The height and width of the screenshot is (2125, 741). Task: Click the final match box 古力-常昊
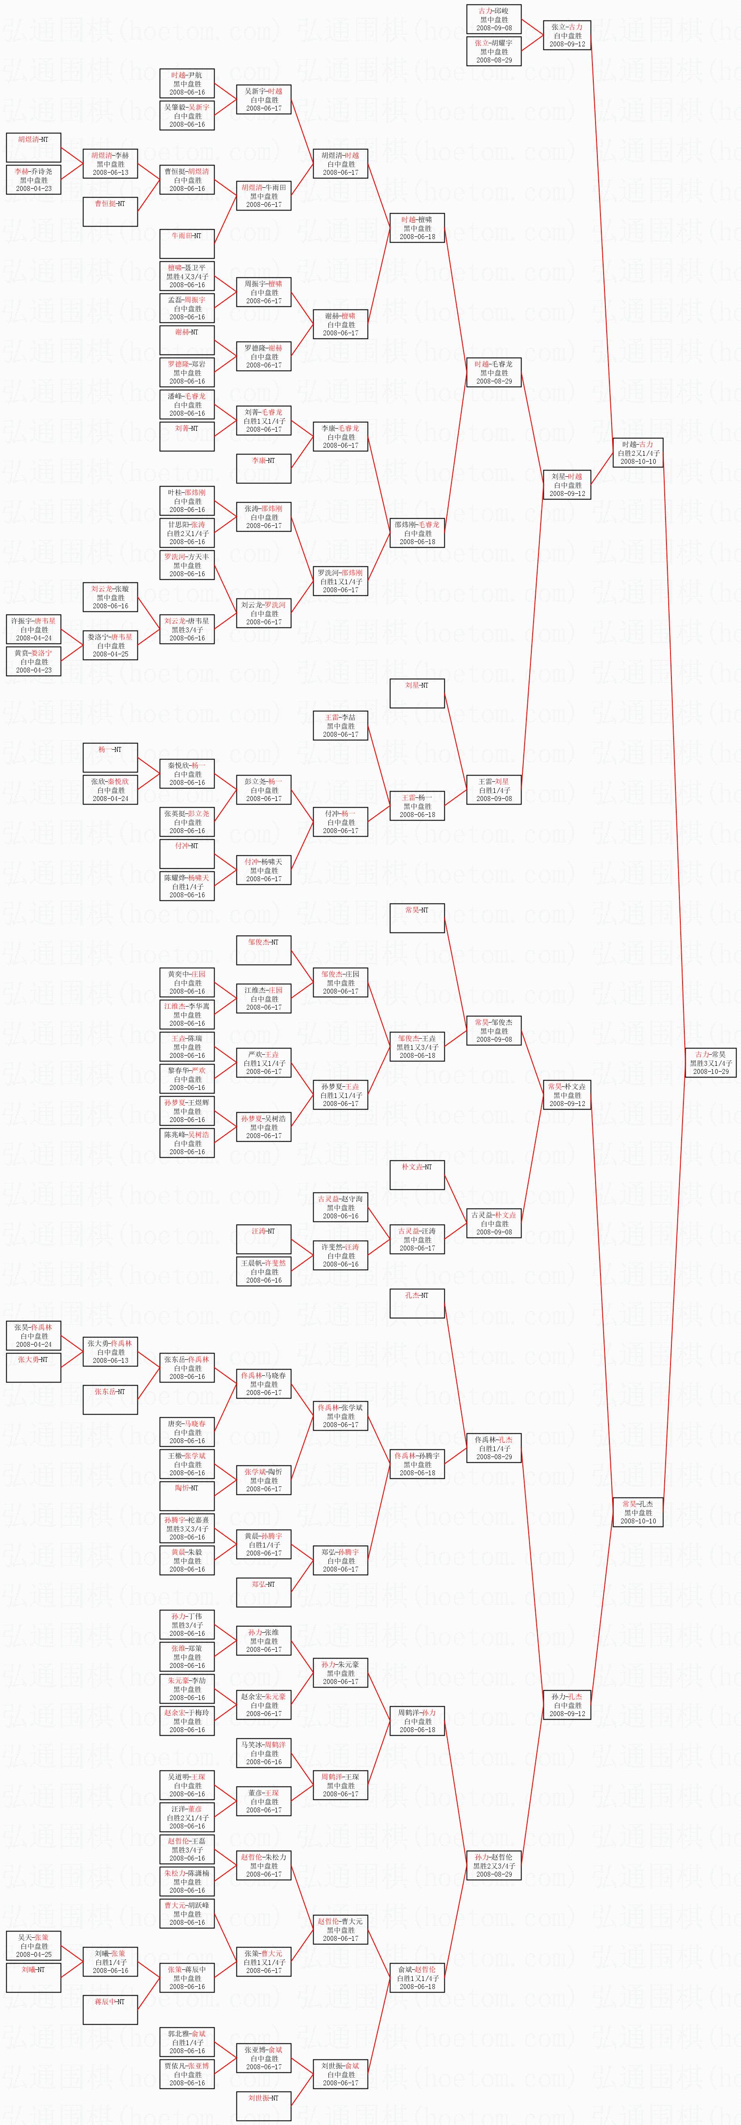click(x=711, y=1062)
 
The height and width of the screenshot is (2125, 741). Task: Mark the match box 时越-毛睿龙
click(x=493, y=372)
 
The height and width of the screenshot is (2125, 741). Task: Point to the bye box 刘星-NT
click(x=417, y=693)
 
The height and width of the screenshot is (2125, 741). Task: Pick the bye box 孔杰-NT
click(x=417, y=1304)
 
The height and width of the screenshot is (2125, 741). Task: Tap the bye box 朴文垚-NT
click(x=417, y=1175)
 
